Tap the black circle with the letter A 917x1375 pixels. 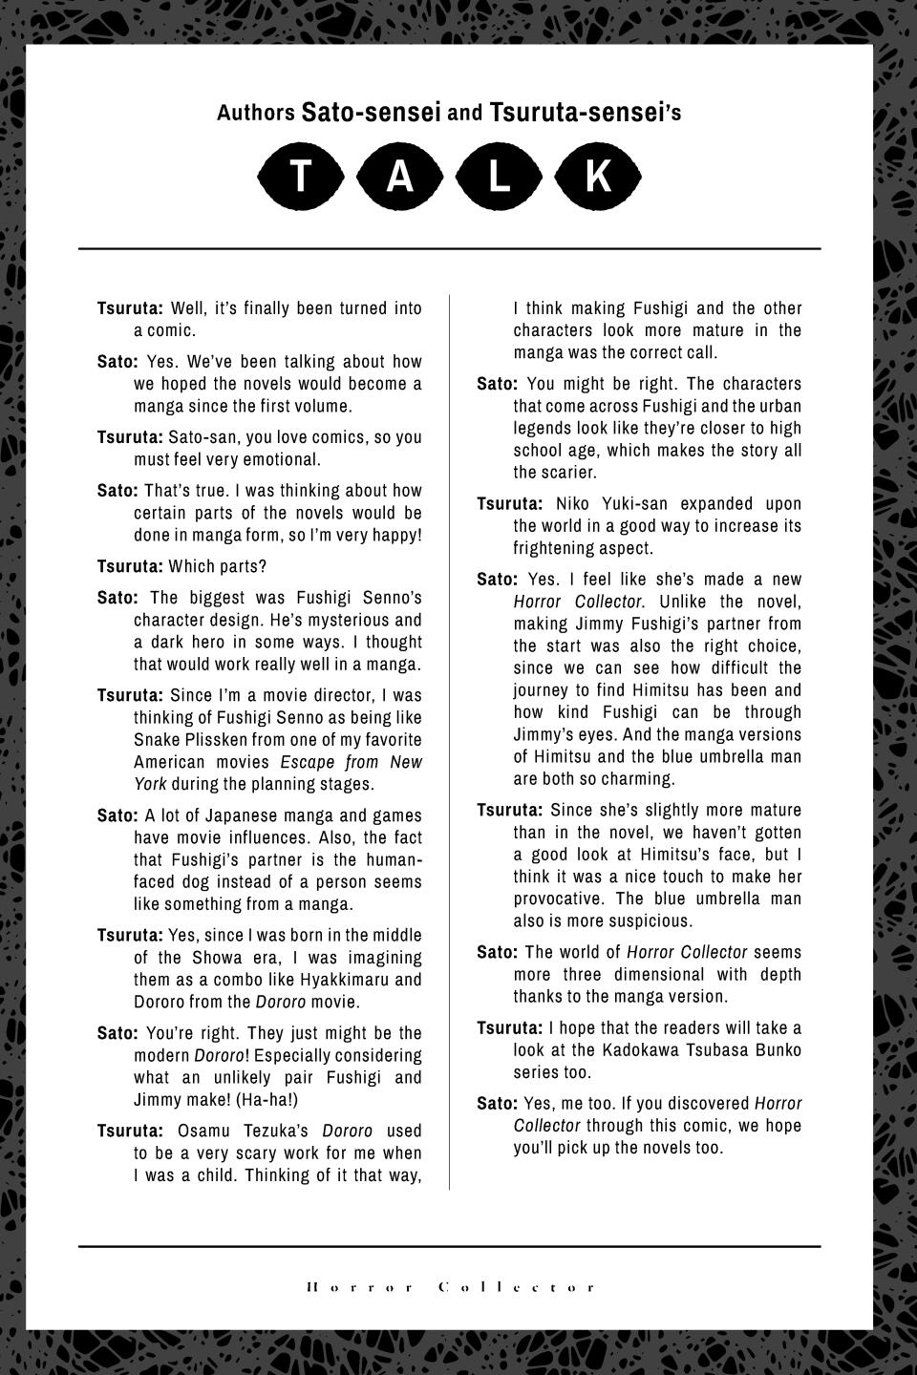(400, 177)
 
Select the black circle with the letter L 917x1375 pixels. (499, 177)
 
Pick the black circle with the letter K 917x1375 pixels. (598, 177)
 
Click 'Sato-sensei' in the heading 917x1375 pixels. (371, 113)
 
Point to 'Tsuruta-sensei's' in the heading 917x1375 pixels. (585, 113)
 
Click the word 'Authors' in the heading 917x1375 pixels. (255, 114)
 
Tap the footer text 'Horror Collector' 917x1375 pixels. (450, 1287)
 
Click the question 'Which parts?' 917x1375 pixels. (218, 566)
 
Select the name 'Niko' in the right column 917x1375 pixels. (573, 504)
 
